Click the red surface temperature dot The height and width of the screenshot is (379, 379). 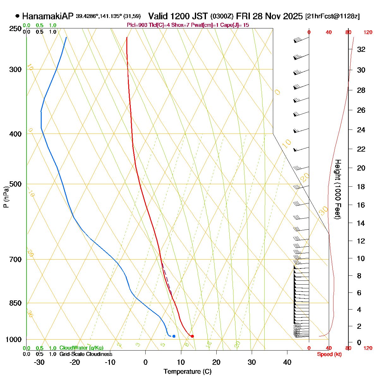(192, 336)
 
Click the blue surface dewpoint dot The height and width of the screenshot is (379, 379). (174, 336)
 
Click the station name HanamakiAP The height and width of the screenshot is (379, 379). (48, 16)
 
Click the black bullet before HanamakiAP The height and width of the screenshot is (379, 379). (17, 16)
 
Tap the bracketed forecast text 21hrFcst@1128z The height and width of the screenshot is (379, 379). (333, 16)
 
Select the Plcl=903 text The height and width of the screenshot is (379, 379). (137, 25)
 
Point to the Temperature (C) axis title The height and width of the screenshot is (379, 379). (187, 371)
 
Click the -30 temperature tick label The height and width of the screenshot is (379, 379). (39, 362)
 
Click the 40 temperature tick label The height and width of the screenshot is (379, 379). (287, 362)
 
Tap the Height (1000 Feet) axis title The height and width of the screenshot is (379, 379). (338, 189)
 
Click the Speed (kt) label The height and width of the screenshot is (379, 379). (329, 354)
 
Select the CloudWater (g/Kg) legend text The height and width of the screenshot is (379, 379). (81, 348)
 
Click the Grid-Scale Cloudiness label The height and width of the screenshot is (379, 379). (86, 354)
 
